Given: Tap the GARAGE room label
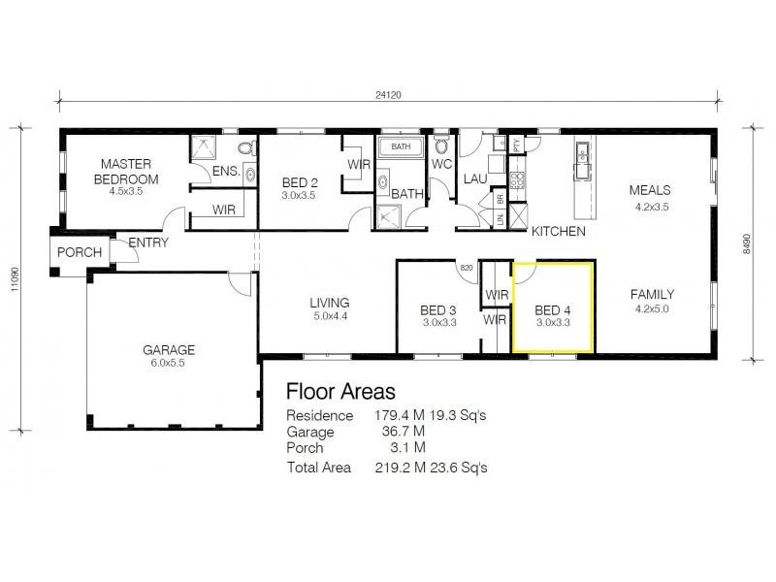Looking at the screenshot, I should [170, 349].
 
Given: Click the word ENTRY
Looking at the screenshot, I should [147, 242].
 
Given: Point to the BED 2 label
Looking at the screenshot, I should [300, 181].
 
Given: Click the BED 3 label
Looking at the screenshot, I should [438, 310].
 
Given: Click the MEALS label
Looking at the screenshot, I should [649, 190].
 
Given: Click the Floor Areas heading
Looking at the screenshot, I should [339, 392].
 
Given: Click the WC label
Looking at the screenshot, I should [442, 164].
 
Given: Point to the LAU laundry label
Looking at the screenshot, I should [474, 178].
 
